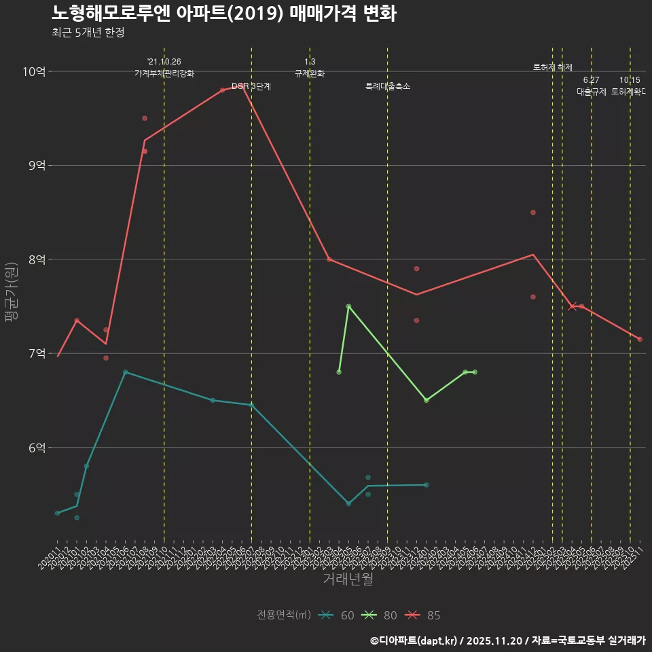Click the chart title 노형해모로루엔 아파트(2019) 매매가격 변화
tap(223, 13)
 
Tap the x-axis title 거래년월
tap(348, 579)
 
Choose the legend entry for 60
tap(337, 615)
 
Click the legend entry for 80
tap(380, 615)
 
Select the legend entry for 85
tap(423, 615)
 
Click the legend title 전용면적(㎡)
tap(284, 615)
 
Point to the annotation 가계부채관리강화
tap(164, 73)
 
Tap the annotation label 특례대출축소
tap(387, 87)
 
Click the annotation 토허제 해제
tap(553, 67)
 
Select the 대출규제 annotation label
tap(591, 92)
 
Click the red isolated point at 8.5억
tap(533, 213)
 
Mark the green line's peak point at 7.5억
tap(348, 306)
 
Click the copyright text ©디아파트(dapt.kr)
tap(416, 640)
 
